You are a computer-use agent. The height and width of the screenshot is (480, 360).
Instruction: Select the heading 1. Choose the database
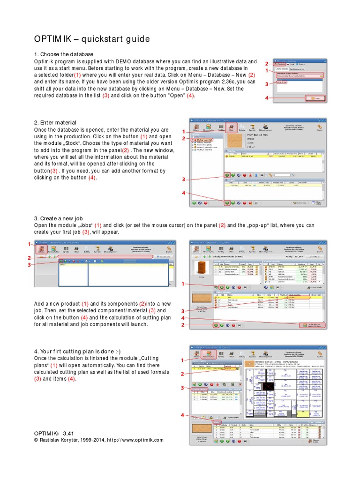(x=64, y=54)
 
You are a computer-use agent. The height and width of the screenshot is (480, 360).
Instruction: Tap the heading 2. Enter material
(x=55, y=122)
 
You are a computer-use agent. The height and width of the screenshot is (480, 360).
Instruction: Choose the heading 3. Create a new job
(x=59, y=218)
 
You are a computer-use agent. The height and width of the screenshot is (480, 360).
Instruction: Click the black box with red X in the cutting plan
(x=268, y=387)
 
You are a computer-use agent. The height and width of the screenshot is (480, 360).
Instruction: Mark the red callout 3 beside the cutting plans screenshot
(x=183, y=388)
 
